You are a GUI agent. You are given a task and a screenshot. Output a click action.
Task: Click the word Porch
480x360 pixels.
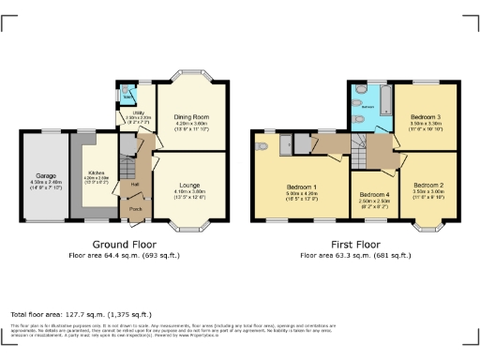click(x=136, y=208)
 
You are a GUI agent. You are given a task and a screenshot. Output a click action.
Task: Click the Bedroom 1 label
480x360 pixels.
click(x=302, y=188)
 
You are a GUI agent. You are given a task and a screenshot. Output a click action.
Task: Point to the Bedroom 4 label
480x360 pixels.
click(x=373, y=194)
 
